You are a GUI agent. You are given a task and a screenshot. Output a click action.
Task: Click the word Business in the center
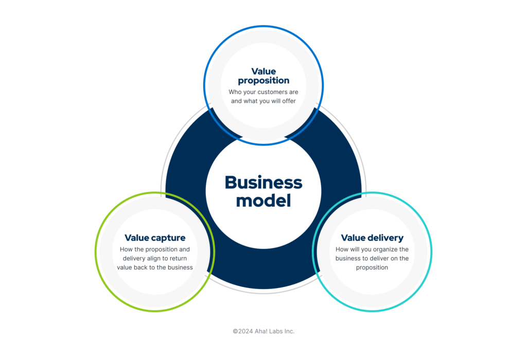263,183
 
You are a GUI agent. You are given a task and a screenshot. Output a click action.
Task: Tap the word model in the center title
263,201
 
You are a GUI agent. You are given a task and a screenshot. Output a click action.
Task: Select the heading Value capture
155,238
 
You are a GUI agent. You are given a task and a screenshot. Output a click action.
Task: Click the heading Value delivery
372,238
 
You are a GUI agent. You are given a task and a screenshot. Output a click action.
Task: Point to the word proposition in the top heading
263,81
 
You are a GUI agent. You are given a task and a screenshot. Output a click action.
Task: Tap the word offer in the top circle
289,101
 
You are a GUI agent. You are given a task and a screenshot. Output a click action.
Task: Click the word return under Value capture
178,259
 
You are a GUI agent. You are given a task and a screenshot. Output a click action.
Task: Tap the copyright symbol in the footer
235,331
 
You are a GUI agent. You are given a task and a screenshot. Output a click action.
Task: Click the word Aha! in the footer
261,331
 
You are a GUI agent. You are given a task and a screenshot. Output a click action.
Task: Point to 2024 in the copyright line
245,331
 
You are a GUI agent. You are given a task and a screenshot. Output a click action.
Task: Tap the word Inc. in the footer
289,331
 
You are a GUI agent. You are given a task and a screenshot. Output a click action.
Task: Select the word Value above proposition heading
263,71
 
